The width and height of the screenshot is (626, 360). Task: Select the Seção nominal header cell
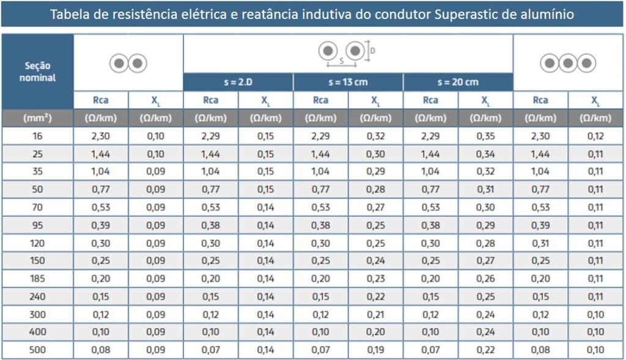pos(37,71)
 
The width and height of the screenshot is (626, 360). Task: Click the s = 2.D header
pos(238,82)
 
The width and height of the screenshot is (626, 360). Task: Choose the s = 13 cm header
pos(348,82)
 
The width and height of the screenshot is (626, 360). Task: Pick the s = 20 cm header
pos(458,82)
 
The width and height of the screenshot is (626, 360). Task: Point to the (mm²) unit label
pos(37,118)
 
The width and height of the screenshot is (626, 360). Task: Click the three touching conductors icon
pos(568,63)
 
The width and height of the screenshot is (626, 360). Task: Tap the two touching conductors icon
pos(128,63)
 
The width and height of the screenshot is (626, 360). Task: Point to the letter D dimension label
pos(373,51)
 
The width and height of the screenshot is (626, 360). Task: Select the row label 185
pos(37,279)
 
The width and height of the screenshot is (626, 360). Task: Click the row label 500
pos(37,350)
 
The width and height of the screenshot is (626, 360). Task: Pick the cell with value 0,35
pos(485,136)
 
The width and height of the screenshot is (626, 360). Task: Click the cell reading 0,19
pos(375,350)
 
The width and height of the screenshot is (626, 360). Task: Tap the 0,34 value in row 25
pos(485,153)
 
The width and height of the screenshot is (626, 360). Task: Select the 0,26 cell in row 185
pos(485,279)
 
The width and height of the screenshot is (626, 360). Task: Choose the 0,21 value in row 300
pos(375,315)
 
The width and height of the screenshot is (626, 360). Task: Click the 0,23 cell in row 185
pos(375,279)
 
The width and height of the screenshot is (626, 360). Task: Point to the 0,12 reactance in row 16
pos(595,136)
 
